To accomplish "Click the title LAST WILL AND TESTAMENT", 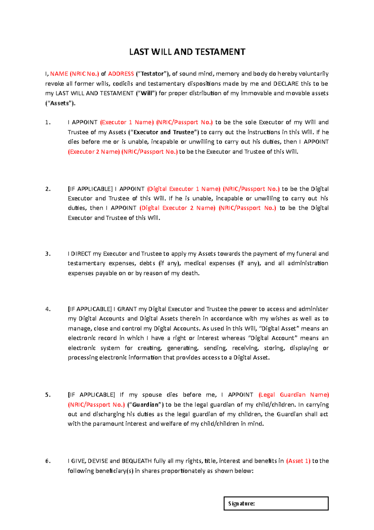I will point(187,52).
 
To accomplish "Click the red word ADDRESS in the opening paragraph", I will point(121,74).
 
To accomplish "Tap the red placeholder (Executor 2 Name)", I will point(94,152).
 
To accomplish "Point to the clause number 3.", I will point(48,254).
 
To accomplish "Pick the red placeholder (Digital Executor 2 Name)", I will point(177,208).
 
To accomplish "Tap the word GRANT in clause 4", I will point(127,309).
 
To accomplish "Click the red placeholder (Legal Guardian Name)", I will point(294,395).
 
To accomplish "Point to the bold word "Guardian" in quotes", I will point(146,405).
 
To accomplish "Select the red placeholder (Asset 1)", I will point(298,461).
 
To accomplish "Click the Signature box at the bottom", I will point(276,503).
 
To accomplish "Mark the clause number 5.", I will point(48,395).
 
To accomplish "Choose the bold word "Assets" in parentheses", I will point(60,103).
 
